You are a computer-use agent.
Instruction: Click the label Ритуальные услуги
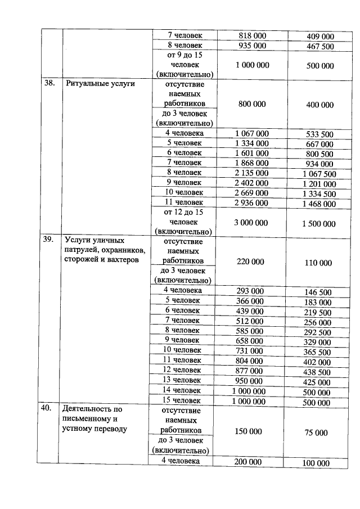(100, 84)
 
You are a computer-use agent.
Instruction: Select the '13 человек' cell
(182, 380)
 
